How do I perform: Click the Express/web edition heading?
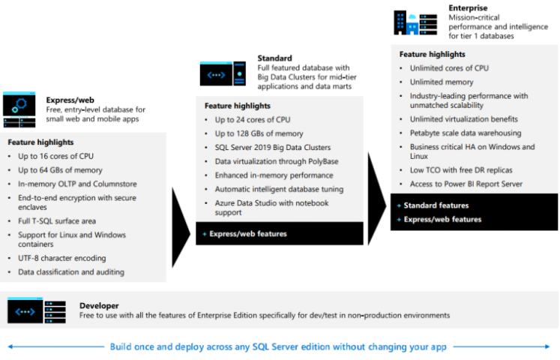[69, 99]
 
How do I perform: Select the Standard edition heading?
[274, 58]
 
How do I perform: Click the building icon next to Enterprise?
[415, 22]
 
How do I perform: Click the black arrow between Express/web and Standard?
[180, 226]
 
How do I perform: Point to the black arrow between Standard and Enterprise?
[376, 199]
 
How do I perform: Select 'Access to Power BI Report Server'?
[466, 184]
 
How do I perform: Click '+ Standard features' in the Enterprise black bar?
[436, 205]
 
